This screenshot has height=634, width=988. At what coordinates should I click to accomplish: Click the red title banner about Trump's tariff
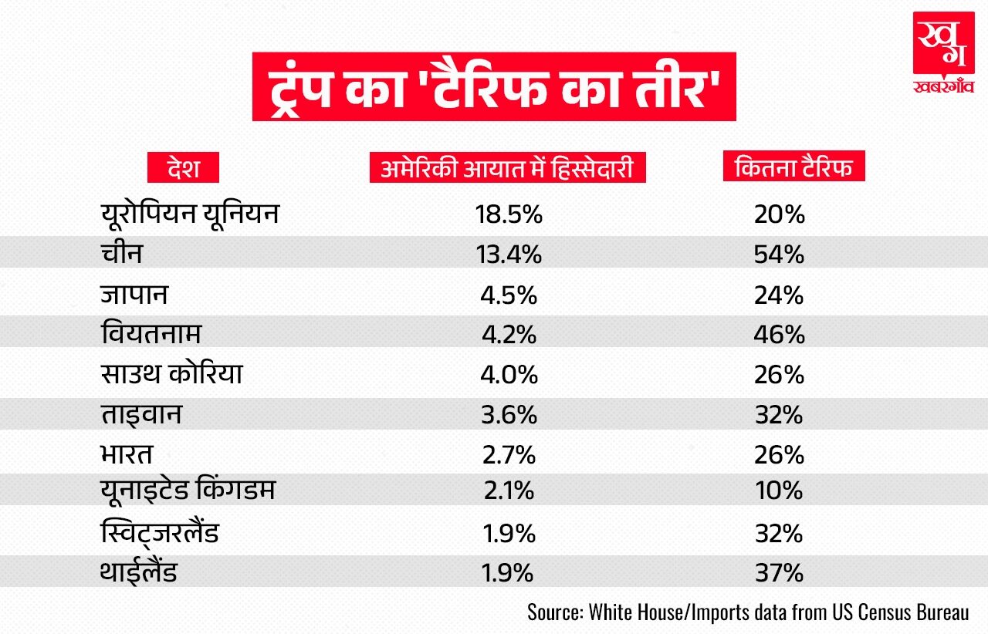pos(494,85)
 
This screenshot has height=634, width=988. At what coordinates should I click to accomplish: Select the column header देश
pos(183,167)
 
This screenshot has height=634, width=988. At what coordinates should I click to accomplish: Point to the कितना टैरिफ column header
pos(793,167)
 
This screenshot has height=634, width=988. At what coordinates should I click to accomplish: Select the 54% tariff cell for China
pos(780,254)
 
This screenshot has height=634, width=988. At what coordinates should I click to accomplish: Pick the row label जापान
pos(134,294)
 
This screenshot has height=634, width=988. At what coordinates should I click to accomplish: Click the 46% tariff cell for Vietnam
pos(780,334)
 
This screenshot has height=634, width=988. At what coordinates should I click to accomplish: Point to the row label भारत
pos(127,454)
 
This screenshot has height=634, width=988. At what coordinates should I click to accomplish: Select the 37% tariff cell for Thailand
pos(780,574)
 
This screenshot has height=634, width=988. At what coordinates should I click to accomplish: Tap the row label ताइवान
pos(140,414)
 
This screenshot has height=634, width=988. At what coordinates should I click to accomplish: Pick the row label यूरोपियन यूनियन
pos(189,214)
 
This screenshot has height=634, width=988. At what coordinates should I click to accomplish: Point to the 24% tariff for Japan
pos(780,294)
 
